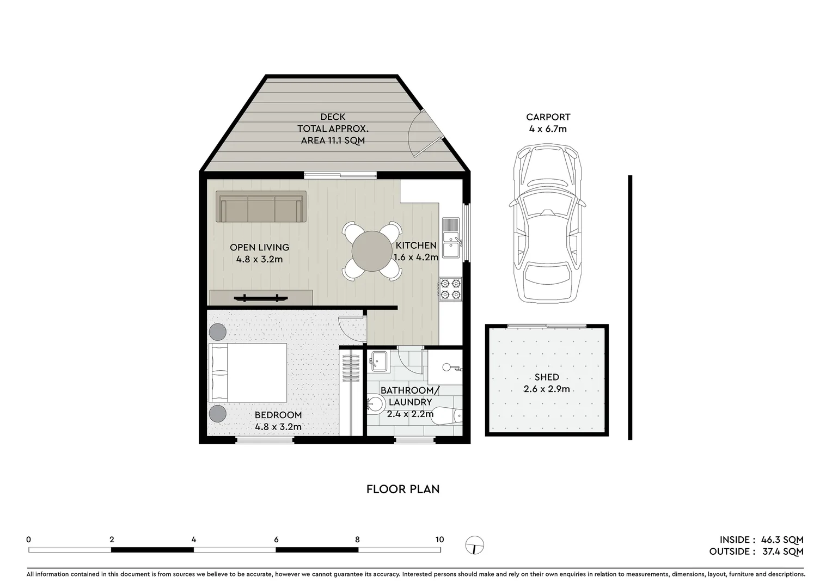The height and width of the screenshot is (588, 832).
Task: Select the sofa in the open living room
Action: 260,207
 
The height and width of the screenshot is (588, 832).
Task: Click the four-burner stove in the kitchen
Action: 450,289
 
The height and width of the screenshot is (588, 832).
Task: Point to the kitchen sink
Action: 451,238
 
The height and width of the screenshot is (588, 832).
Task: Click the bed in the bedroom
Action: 248,373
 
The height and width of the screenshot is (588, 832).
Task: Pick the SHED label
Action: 547,377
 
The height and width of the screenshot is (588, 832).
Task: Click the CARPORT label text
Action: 548,117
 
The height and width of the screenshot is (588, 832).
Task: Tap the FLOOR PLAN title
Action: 403,489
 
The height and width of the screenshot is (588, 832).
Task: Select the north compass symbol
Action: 475,545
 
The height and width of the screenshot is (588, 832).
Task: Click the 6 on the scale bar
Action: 276,540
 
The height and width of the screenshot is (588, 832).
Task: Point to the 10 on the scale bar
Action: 439,540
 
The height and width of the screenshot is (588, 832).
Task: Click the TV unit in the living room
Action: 261,298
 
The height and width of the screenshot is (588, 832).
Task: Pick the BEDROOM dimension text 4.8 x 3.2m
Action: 278,427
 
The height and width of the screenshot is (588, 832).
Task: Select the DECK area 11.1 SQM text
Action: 333,140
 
